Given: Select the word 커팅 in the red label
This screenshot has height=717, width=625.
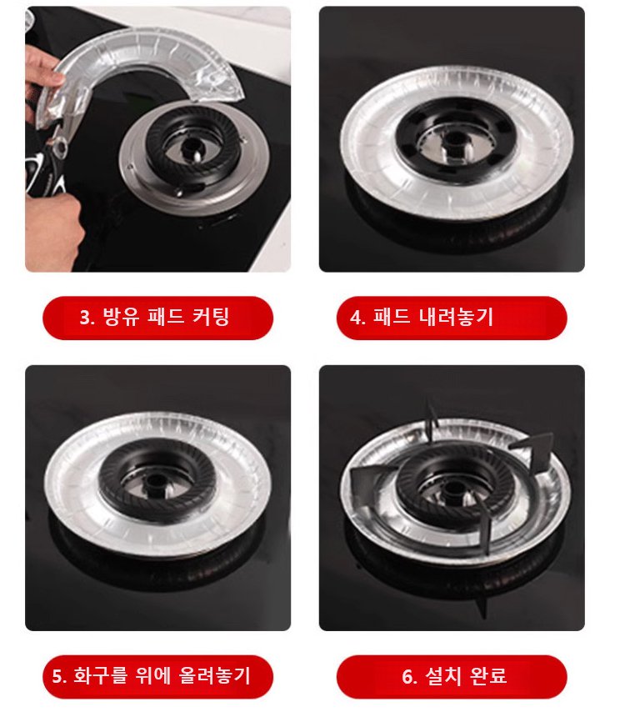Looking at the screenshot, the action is click(210, 318).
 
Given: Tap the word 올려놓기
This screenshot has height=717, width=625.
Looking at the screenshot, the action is click(215, 676).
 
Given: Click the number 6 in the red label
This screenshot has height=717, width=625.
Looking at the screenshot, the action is click(408, 676).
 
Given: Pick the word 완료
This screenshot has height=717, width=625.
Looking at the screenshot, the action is click(489, 676).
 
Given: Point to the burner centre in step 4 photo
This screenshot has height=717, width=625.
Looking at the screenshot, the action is click(453, 138).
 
